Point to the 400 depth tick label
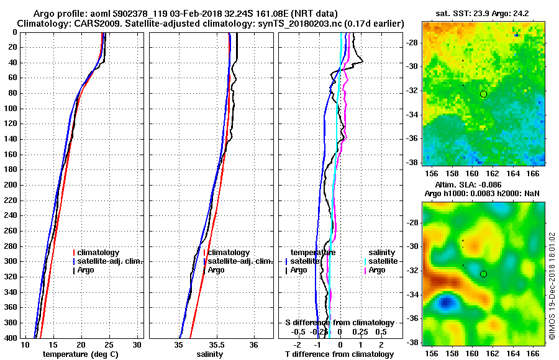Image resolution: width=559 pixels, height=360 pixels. click(x=12, y=338)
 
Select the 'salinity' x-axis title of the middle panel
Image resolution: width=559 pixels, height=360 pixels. click(x=210, y=354)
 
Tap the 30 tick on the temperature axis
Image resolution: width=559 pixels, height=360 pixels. click(x=137, y=344)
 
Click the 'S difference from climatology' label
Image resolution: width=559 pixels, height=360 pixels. click(x=339, y=323)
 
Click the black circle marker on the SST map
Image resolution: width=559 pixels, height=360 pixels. click(x=483, y=94)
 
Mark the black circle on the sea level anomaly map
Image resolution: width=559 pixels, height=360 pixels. click(x=483, y=274)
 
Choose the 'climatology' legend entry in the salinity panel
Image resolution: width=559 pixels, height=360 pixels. click(x=229, y=253)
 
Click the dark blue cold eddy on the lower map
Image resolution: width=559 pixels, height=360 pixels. click(x=444, y=302)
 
